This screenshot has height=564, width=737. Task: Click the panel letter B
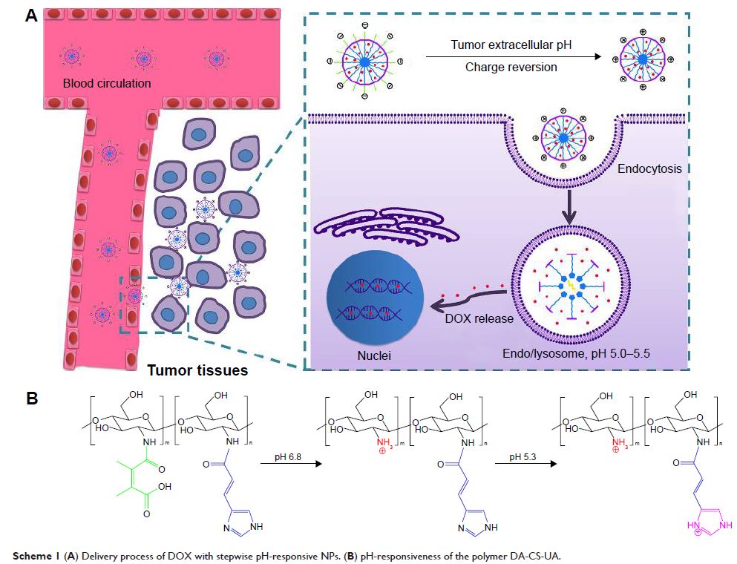[32, 398]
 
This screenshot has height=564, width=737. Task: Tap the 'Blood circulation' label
[107, 83]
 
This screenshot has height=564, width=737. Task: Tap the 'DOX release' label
[479, 319]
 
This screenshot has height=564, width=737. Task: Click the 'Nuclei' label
[373, 356]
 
